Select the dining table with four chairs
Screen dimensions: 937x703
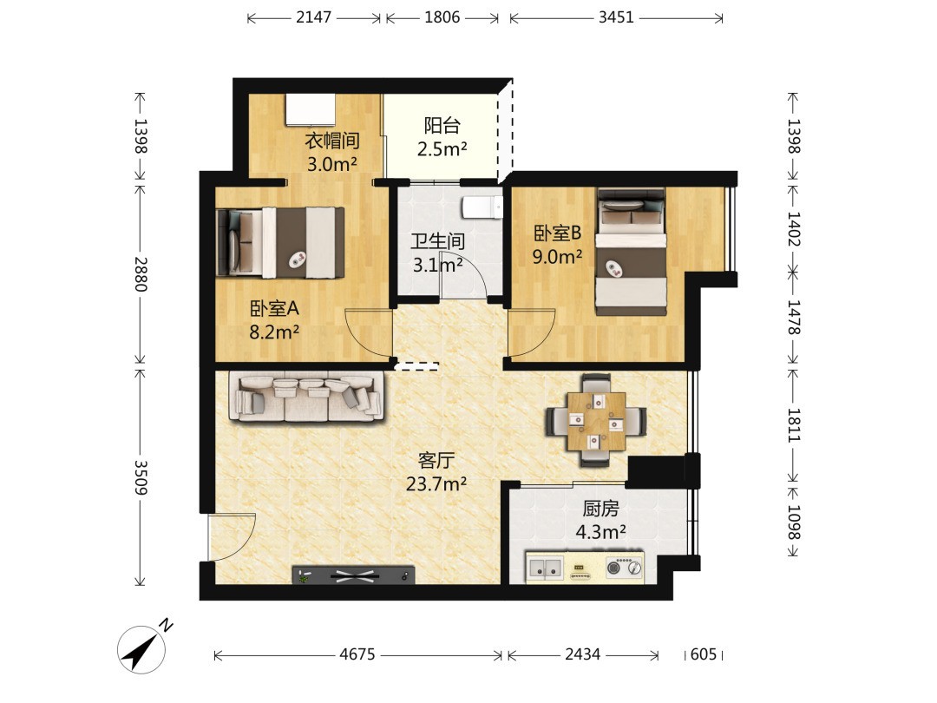tap(596, 420)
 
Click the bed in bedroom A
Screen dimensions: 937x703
tap(280, 242)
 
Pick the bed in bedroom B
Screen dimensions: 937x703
tap(631, 252)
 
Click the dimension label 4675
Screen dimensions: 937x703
tap(357, 654)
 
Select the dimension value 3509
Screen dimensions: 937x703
tap(141, 477)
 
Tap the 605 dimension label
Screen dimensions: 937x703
tap(704, 654)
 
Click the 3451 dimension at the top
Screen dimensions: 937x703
tap(616, 17)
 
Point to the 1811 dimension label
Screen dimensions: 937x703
tap(793, 425)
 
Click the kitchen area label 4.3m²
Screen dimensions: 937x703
tap(600, 531)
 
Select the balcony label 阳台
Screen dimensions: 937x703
tap(442, 126)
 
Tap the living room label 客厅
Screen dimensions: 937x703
tap(436, 460)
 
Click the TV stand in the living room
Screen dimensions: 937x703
tap(354, 575)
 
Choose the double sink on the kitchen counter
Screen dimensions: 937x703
tap(544, 567)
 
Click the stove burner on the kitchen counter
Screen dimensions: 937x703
tap(624, 567)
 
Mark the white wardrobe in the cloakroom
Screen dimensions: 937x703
tap(310, 109)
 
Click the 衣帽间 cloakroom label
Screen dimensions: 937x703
tap(332, 141)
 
